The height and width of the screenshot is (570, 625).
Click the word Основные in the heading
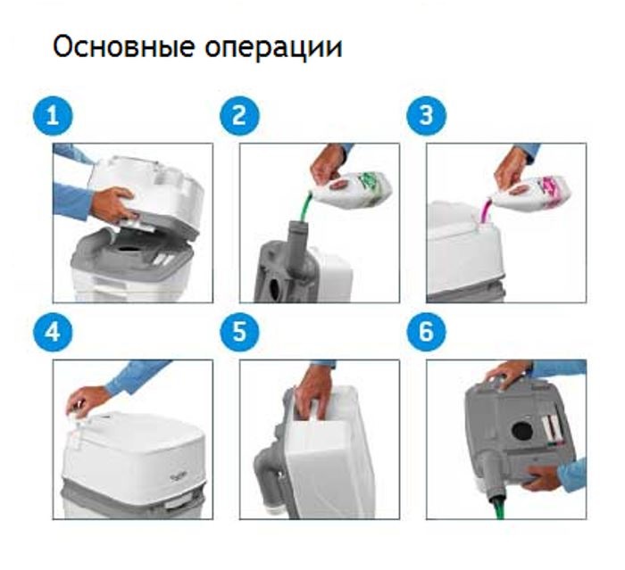[x=123, y=46]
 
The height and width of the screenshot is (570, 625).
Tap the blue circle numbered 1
[x=53, y=116]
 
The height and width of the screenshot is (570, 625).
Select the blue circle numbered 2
[x=239, y=116]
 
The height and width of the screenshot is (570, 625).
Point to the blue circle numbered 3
[x=427, y=116]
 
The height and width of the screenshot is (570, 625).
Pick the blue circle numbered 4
[x=53, y=332]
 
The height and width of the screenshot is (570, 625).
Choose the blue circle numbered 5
[x=239, y=332]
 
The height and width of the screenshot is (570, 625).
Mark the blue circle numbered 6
[x=427, y=332]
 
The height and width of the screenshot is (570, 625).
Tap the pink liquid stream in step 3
[x=487, y=212]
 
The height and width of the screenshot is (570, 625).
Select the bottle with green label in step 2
[x=353, y=187]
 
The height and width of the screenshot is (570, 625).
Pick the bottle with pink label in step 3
[x=532, y=194]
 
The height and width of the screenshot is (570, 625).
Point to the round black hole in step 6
[x=522, y=431]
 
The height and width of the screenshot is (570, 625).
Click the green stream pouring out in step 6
[x=499, y=507]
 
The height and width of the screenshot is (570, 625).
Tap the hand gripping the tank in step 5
[x=313, y=392]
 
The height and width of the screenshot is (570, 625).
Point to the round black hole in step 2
[x=275, y=290]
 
